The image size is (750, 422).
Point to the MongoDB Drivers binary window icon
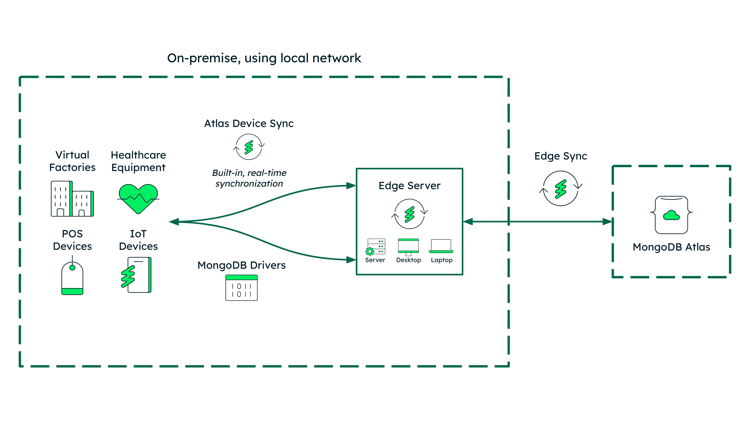pyautogui.click(x=241, y=288)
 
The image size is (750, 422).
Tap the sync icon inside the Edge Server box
pyautogui.click(x=409, y=214)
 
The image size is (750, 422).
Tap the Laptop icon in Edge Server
pyautogui.click(x=441, y=246)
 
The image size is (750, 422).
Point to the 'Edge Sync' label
pyautogui.click(x=560, y=156)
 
